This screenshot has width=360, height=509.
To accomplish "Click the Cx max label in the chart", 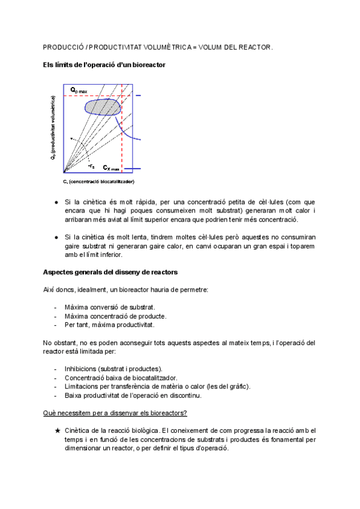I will [x=111, y=169].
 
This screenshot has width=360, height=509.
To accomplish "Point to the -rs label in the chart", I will [x=91, y=166].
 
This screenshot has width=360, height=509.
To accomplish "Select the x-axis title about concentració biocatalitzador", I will [x=98, y=181].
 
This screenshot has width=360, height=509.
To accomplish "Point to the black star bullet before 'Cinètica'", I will [x=57, y=431].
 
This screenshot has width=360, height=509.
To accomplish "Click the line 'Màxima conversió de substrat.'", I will [x=110, y=307].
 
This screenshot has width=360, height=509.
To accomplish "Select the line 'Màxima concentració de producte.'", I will [x=115, y=316].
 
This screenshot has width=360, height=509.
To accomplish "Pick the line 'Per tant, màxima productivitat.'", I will [x=109, y=325].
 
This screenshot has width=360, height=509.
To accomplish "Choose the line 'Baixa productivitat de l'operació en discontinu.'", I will [x=133, y=395].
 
